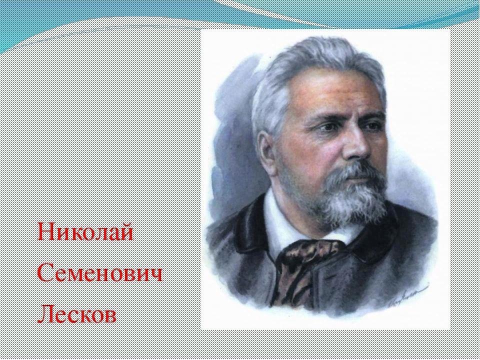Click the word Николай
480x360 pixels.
(85, 232)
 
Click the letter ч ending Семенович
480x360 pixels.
(155, 274)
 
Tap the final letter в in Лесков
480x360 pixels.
(110, 316)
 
